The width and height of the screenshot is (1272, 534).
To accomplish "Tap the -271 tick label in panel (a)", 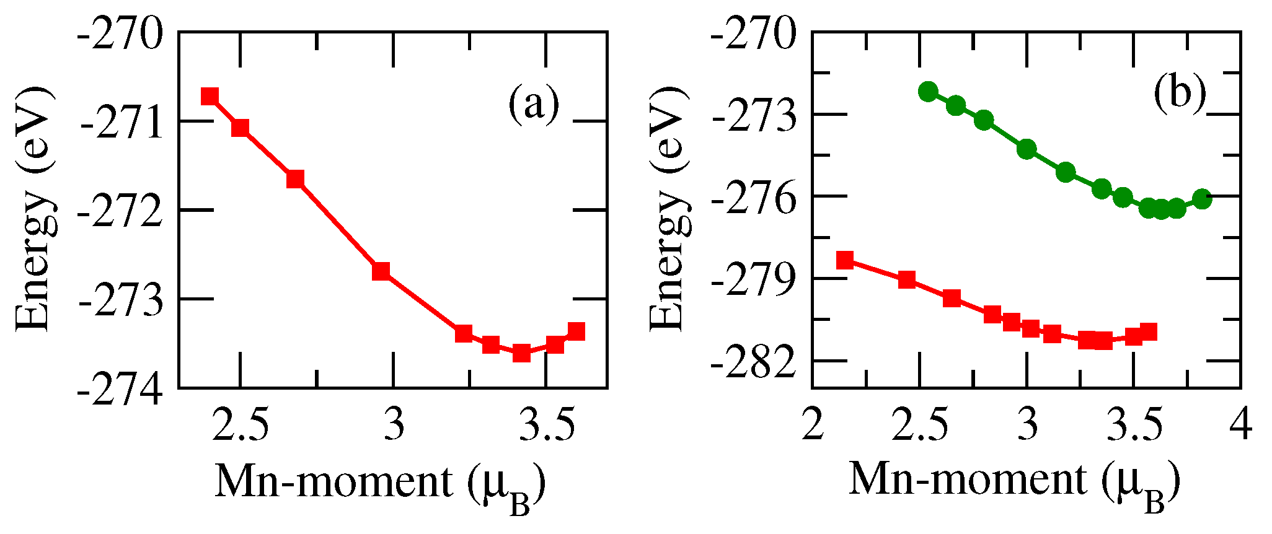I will pos(122,125).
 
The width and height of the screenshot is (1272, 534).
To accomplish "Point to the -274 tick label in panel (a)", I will pos(122,389).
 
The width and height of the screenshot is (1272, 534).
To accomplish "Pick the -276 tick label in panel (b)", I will pos(754,198).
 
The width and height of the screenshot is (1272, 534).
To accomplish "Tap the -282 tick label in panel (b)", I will pos(754,364).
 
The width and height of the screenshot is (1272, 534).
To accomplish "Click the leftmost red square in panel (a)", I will pos(210,96).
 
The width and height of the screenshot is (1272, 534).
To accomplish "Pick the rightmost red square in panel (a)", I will pos(576,331).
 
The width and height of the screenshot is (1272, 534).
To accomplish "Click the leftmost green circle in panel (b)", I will pos(928,92).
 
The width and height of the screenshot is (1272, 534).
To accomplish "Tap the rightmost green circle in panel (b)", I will pos(1202,199).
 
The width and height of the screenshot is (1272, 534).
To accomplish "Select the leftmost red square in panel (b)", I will pos(845,260).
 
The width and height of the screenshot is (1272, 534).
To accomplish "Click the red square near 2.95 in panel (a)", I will pos(381,271).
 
